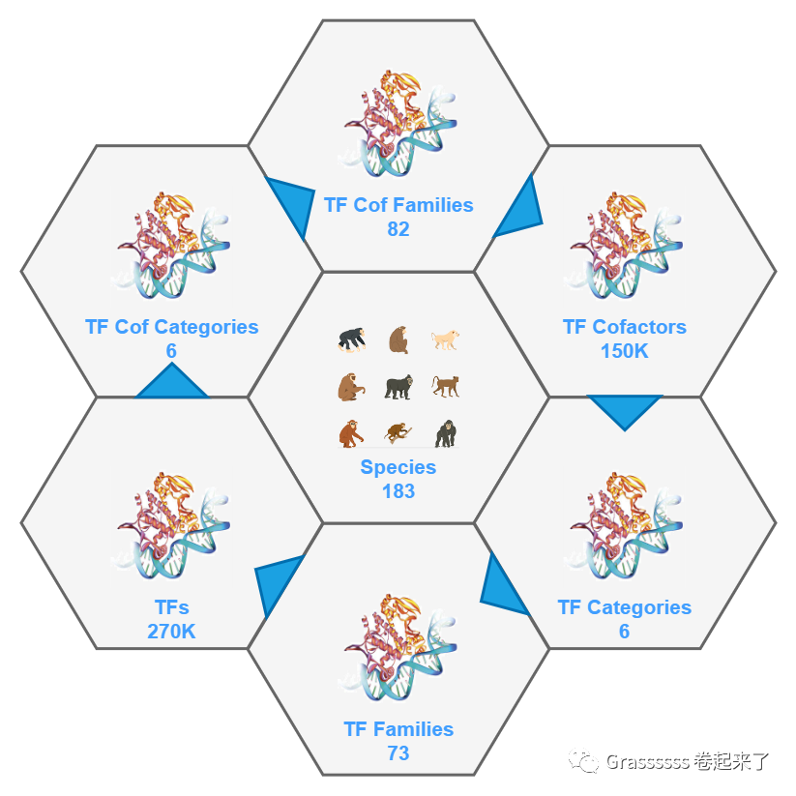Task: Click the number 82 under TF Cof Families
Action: click(398, 229)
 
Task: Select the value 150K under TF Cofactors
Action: click(624, 351)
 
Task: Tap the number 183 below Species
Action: click(398, 491)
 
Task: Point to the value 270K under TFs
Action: click(171, 632)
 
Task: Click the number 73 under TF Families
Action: click(398, 753)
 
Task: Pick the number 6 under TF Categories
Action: click(624, 632)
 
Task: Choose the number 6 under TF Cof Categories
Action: click(171, 351)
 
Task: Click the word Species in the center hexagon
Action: click(398, 467)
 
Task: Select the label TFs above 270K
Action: click(171, 607)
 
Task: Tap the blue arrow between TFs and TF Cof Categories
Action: click(171, 384)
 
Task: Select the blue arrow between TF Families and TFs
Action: click(279, 582)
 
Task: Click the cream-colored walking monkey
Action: click(445, 339)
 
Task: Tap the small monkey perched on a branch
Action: click(397, 432)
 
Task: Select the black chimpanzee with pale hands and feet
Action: click(351, 339)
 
